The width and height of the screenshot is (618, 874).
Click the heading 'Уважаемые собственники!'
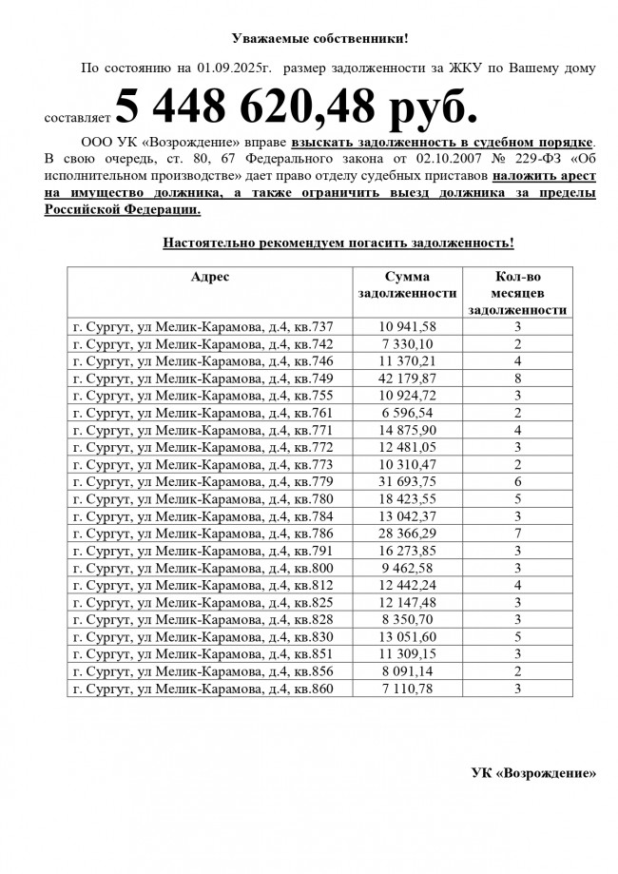click(319, 39)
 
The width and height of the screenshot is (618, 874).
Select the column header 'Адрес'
click(210, 277)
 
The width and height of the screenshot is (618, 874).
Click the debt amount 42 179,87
click(407, 379)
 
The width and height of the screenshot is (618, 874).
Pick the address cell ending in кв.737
click(203, 327)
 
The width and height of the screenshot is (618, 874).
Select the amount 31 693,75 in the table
click(407, 482)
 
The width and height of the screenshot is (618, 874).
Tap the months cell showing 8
click(519, 379)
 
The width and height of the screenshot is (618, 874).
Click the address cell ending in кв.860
click(203, 688)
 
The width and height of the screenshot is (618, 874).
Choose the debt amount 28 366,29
click(407, 534)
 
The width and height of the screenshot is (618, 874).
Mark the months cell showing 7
click(519, 534)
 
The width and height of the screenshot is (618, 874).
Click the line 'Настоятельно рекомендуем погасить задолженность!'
click(338, 243)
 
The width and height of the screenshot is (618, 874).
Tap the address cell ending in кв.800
click(203, 568)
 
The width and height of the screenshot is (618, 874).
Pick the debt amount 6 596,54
click(407, 413)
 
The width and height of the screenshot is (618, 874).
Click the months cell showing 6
click(519, 482)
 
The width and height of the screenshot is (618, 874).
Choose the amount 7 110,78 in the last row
click(407, 688)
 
